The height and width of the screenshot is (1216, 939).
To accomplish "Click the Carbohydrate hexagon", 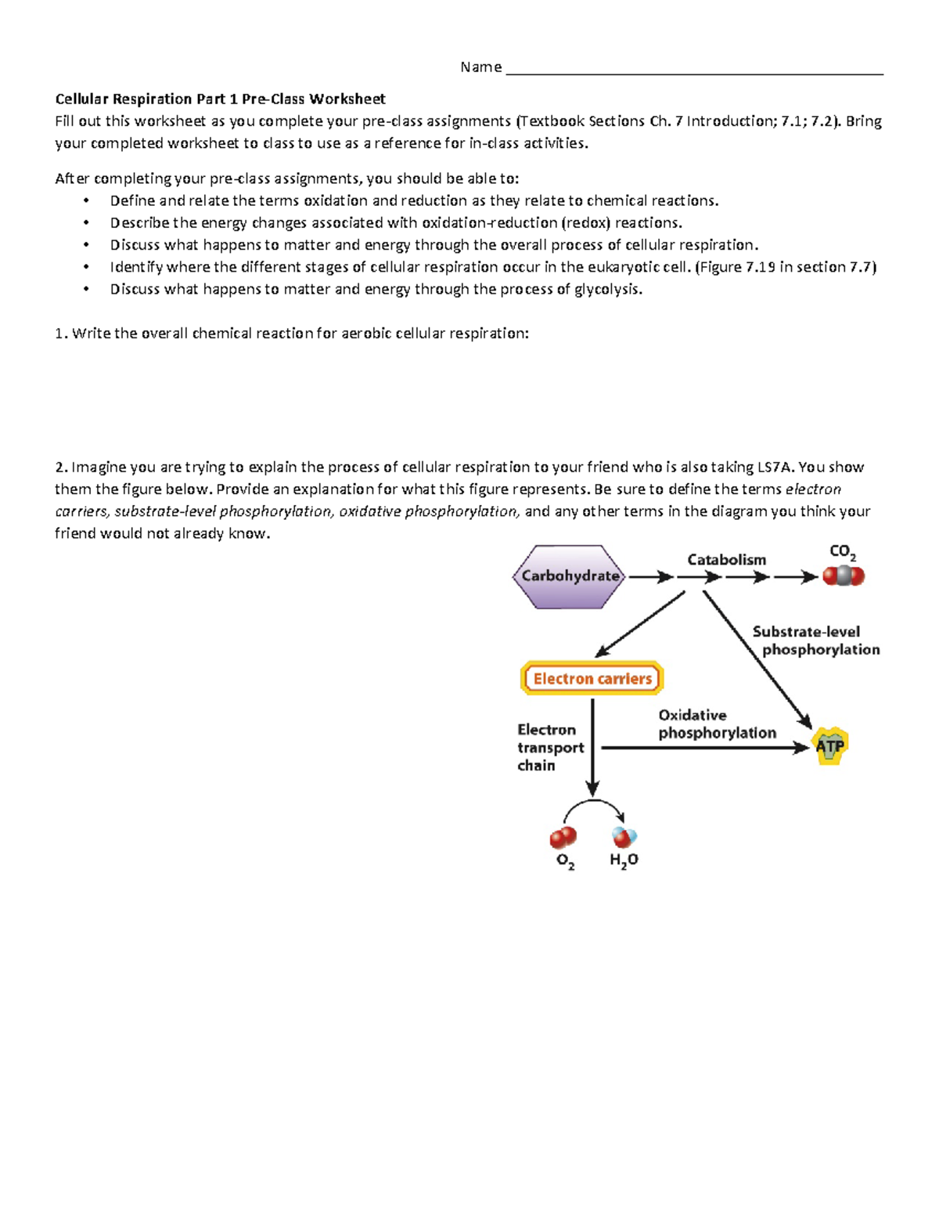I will [x=569, y=576].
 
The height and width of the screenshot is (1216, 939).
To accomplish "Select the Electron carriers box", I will [x=592, y=678].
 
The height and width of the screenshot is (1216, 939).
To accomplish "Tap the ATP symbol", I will [x=829, y=745].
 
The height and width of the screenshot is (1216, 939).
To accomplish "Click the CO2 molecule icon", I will [x=843, y=576].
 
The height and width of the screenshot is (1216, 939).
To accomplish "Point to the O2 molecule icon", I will [x=563, y=837].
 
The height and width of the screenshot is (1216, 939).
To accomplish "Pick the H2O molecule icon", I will [x=624, y=837].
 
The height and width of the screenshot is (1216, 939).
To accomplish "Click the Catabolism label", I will [x=726, y=559].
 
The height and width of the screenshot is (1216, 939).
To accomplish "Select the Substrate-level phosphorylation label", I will [x=814, y=640].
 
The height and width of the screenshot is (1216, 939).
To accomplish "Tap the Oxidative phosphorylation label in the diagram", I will [x=716, y=724].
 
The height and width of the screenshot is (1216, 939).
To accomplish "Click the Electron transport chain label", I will [x=549, y=747].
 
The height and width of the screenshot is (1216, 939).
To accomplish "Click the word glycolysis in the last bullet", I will [x=607, y=289].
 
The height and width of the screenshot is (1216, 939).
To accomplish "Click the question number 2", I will [x=61, y=467].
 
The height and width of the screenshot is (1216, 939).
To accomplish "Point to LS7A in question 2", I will [x=775, y=467].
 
